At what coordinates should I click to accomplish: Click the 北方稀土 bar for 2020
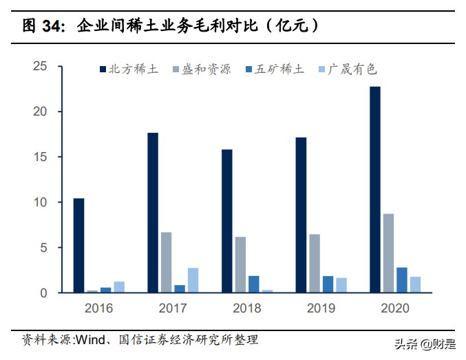[x=374, y=189]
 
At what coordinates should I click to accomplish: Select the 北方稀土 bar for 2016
[x=79, y=246]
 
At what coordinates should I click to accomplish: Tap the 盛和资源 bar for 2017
[x=166, y=262]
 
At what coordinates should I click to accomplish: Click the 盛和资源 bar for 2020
[x=388, y=253]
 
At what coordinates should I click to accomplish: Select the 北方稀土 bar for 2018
[x=226, y=221]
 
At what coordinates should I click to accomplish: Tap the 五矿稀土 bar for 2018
[x=254, y=284]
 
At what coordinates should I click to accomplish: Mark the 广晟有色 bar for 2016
[x=119, y=287]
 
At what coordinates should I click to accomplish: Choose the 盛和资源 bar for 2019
[x=314, y=264]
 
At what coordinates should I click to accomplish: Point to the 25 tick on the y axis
[x=39, y=67]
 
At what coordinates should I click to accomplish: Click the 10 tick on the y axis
[x=39, y=202]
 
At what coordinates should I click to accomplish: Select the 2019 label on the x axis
[x=320, y=308]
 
